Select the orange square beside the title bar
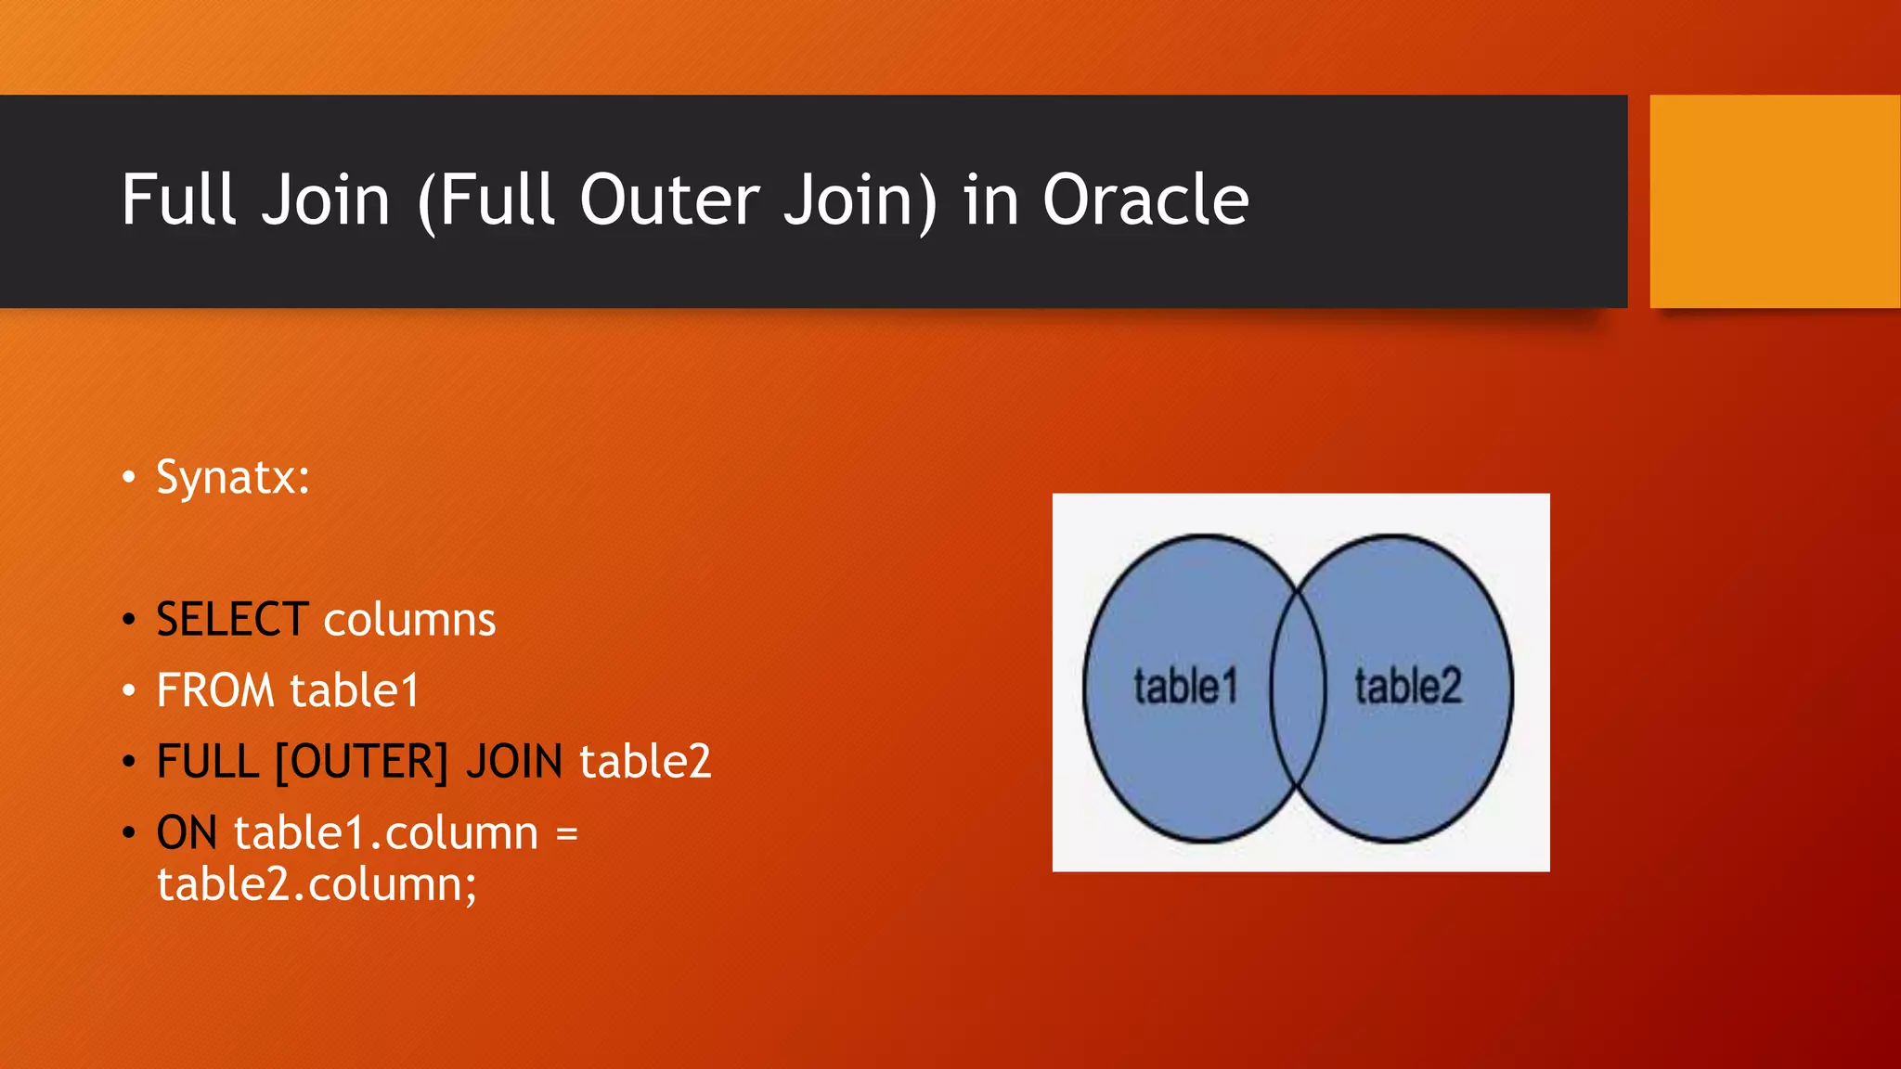(1774, 201)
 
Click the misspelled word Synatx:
(233, 479)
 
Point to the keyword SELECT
(232, 620)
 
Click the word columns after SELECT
(409, 620)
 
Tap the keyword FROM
(215, 690)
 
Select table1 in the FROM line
(355, 690)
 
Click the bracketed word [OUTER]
(362, 762)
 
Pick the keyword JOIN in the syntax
(514, 762)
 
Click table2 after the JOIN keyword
(645, 762)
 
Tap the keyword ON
(187, 833)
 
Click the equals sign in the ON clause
(566, 833)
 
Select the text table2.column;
(317, 884)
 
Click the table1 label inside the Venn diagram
(1185, 687)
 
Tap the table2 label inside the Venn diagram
(1407, 687)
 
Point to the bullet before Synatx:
(129, 479)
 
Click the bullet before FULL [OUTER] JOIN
(129, 762)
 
